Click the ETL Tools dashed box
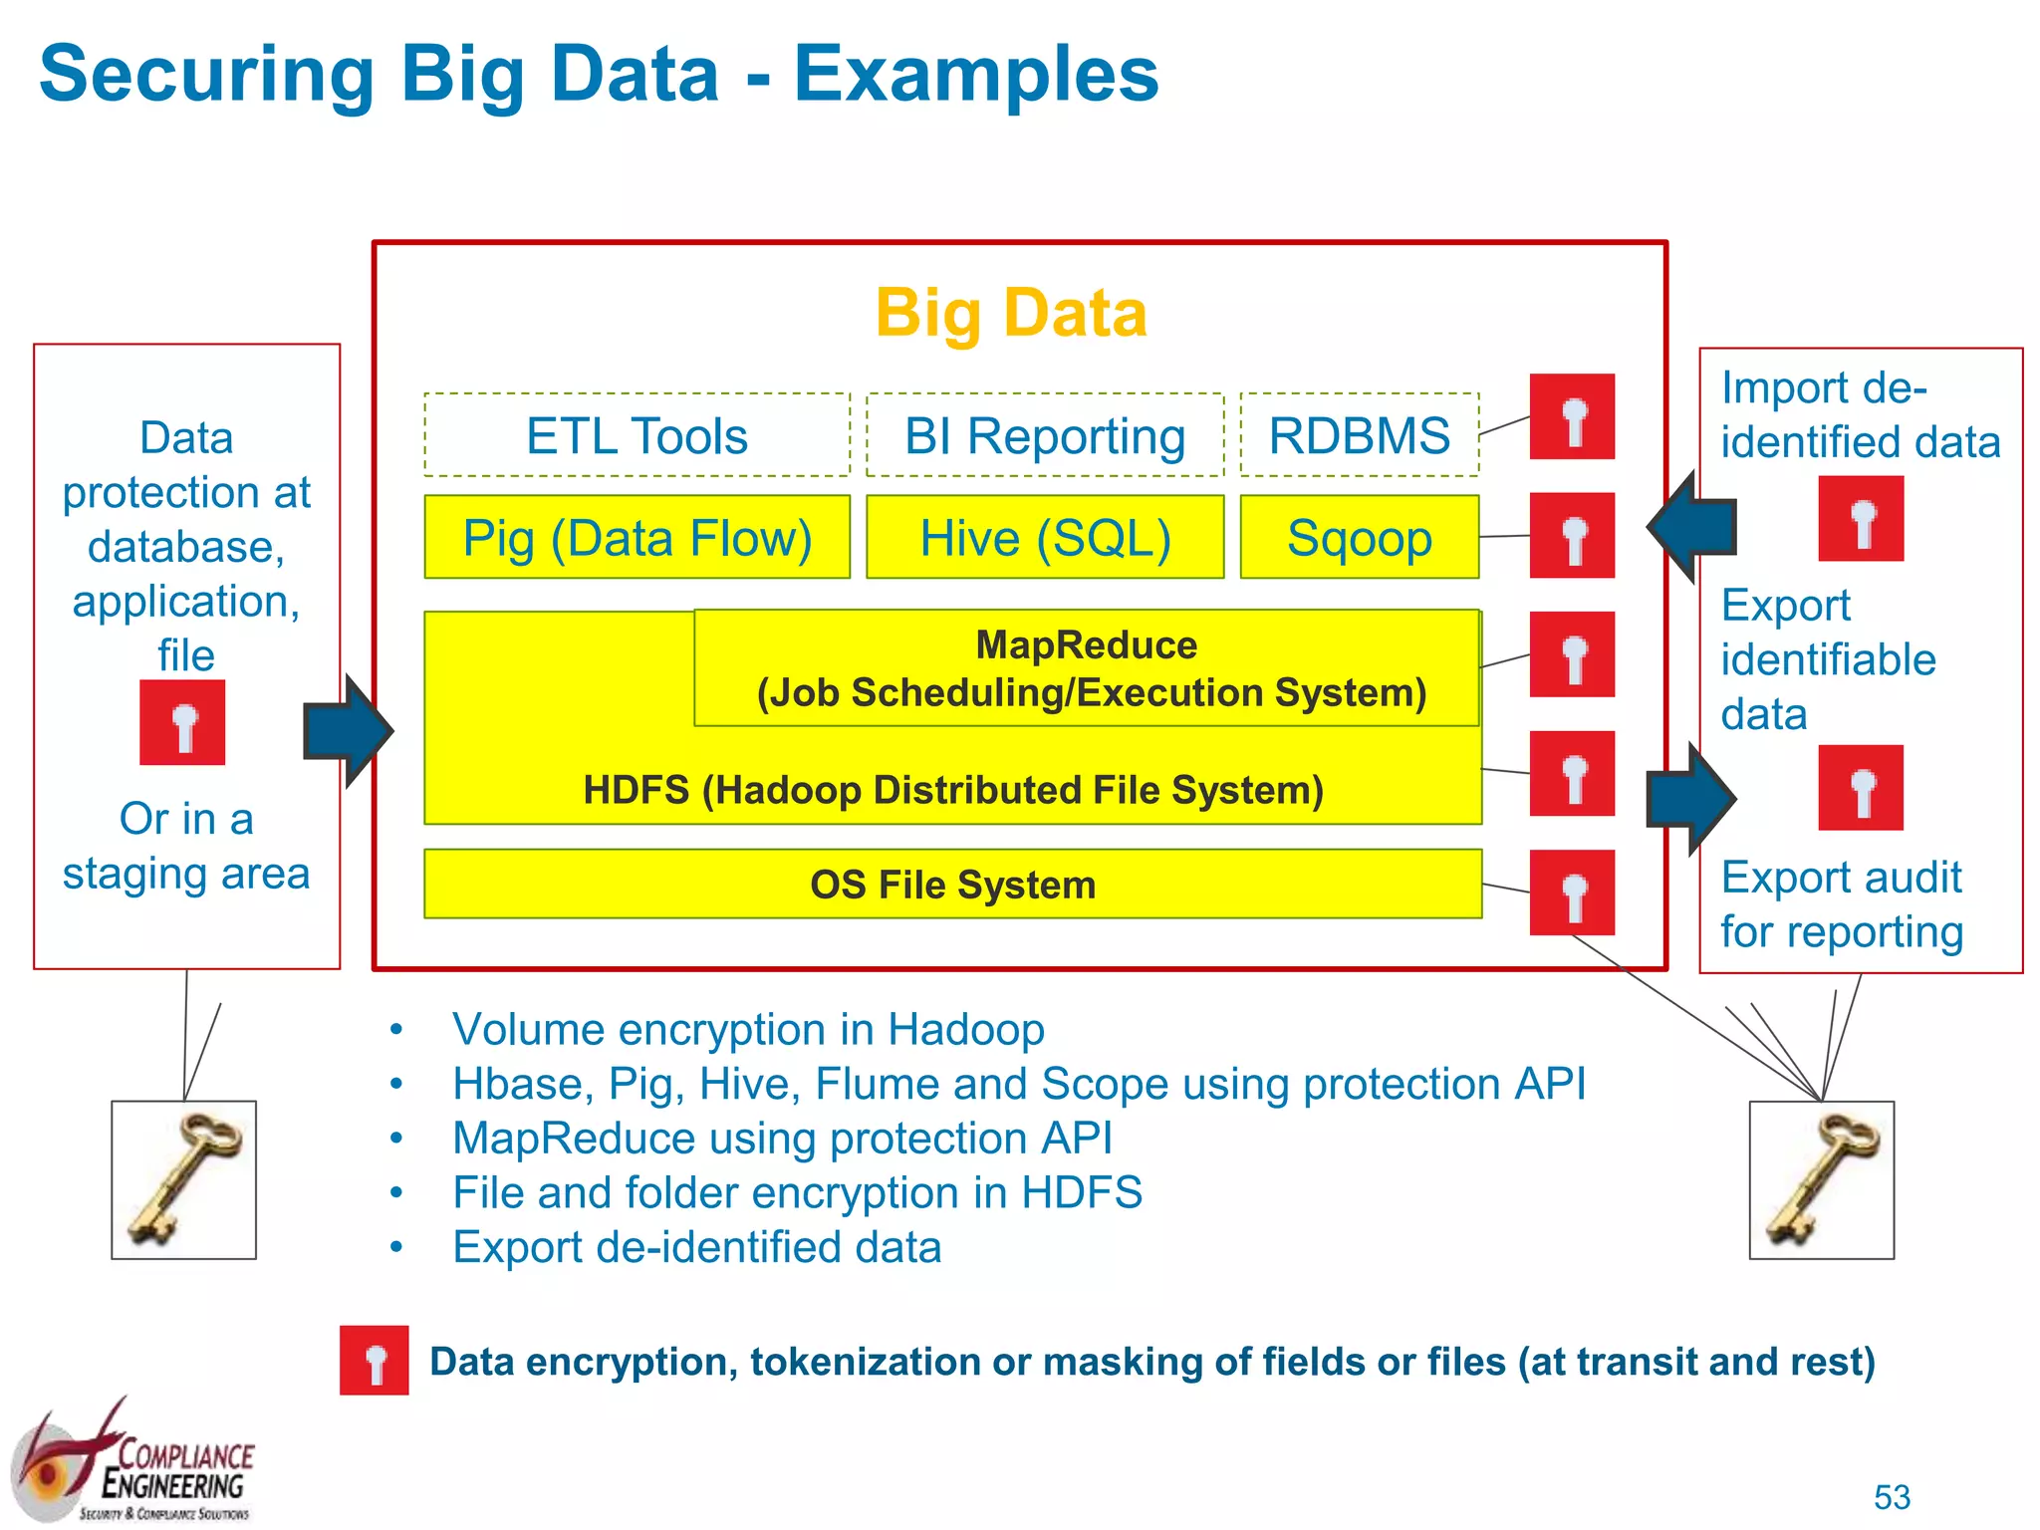pyautogui.click(x=637, y=435)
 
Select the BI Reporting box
pyautogui.click(x=1045, y=435)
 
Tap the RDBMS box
pyautogui.click(x=1359, y=435)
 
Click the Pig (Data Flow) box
pyautogui.click(x=637, y=538)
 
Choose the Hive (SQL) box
pyautogui.click(x=1045, y=538)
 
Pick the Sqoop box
pyautogui.click(x=1359, y=538)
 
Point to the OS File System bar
pyautogui.click(x=952, y=885)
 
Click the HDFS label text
pyautogui.click(x=952, y=790)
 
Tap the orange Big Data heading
pyautogui.click(x=1010, y=313)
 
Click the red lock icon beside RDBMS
pyautogui.click(x=1572, y=417)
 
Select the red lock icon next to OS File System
pyautogui.click(x=1572, y=892)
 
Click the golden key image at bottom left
pyautogui.click(x=184, y=1180)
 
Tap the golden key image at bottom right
pyautogui.click(x=1822, y=1180)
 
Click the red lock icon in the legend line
pyautogui.click(x=375, y=1361)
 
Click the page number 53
pyautogui.click(x=1892, y=1497)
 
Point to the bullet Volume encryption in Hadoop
pyautogui.click(x=747, y=1030)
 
